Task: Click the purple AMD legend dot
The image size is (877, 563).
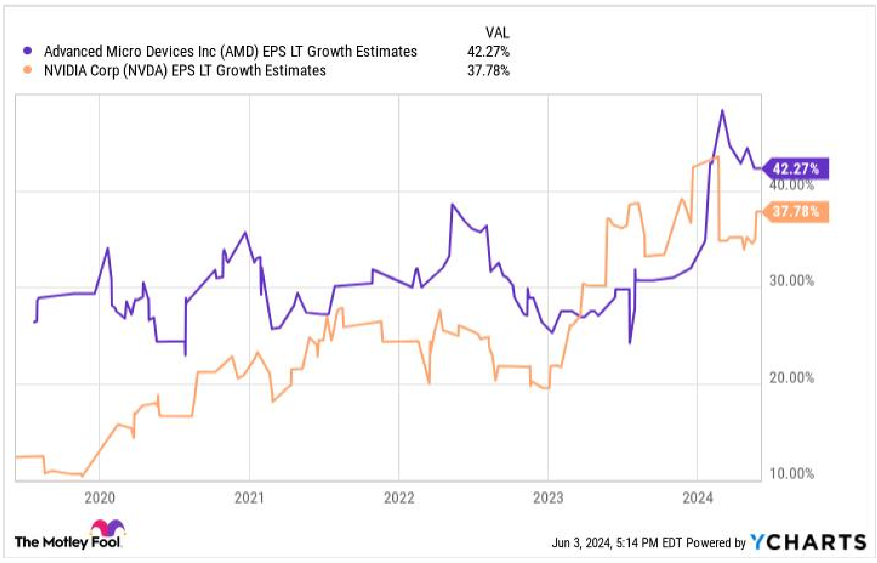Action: [x=28, y=51]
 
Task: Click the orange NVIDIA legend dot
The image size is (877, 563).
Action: [x=28, y=70]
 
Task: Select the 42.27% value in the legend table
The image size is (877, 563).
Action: [x=488, y=51]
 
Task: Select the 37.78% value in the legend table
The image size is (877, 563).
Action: [x=488, y=70]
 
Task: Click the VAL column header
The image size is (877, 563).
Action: [x=497, y=33]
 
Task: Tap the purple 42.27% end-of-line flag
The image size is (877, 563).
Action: [x=796, y=169]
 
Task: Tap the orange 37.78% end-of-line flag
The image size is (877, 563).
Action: [x=796, y=212]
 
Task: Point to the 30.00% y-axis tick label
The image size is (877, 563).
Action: [x=791, y=281]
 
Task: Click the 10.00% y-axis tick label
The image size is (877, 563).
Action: [x=791, y=474]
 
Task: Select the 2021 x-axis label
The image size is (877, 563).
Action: [x=249, y=498]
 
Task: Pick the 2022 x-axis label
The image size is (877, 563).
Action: [x=399, y=498]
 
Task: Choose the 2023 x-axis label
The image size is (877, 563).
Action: [x=548, y=498]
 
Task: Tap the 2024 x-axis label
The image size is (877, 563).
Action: [x=698, y=498]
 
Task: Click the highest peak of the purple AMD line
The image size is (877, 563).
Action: [x=722, y=111]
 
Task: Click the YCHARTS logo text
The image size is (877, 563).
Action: [x=808, y=542]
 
